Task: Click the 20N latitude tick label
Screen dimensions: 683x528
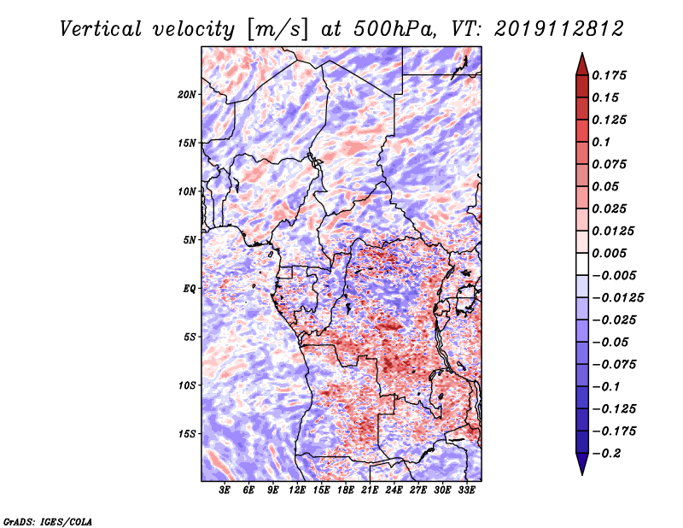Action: tap(187, 95)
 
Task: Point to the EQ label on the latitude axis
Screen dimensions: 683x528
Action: tap(190, 289)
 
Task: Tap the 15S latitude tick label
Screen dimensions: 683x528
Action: tap(187, 434)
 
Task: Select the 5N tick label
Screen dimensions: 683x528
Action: tap(190, 240)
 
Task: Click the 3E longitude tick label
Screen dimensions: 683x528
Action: tap(225, 490)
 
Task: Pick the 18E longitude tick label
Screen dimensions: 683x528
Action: tap(346, 490)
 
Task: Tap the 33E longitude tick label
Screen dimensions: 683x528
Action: tap(466, 490)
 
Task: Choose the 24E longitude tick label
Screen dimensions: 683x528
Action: tap(394, 490)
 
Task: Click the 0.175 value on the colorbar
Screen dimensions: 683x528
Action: tap(609, 75)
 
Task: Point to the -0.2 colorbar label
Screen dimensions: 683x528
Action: tap(606, 454)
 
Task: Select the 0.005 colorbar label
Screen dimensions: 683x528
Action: tap(609, 253)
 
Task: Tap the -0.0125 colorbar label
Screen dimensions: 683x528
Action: tap(617, 298)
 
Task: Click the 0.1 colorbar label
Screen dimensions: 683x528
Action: tap(601, 142)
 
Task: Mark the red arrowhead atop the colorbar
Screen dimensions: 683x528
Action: tap(582, 64)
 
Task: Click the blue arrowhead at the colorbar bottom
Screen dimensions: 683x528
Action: tap(582, 464)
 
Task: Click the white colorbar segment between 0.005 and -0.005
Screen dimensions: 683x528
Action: tap(582, 264)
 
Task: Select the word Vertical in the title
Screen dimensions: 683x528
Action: tap(101, 29)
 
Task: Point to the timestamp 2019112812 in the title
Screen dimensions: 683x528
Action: tap(559, 29)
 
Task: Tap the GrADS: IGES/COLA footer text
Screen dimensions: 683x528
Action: tap(48, 521)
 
